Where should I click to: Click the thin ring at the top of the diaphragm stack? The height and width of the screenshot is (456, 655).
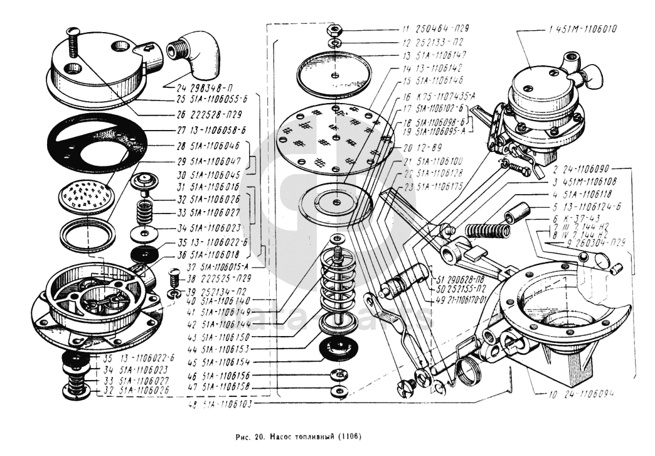click(x=338, y=66)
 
